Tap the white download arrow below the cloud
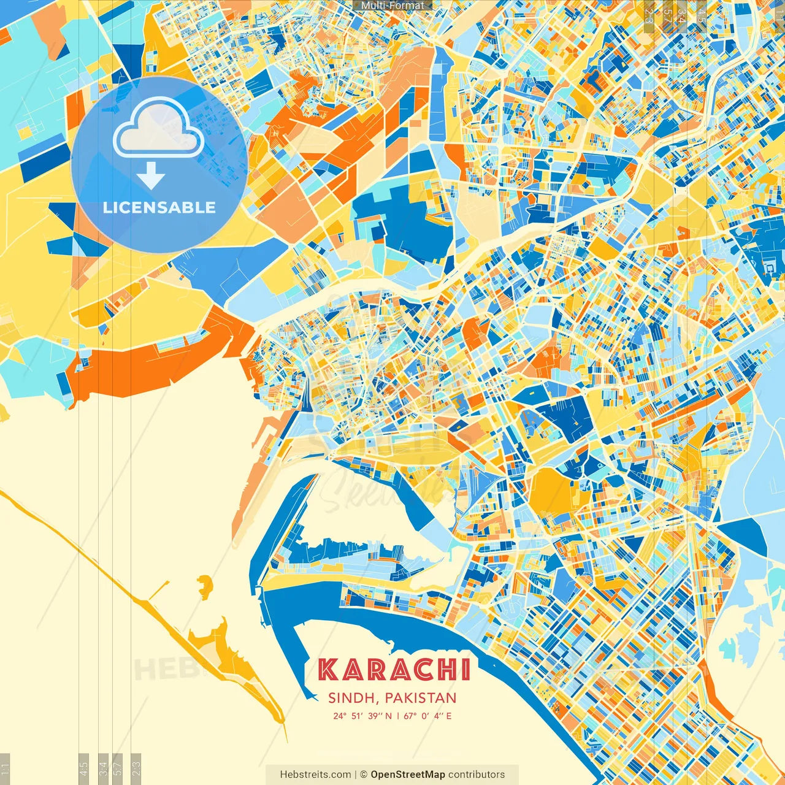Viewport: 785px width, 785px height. (x=151, y=176)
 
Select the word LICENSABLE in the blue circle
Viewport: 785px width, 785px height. (x=159, y=207)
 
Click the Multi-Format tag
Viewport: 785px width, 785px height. (x=392, y=5)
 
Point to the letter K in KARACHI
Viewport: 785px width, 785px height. (x=328, y=670)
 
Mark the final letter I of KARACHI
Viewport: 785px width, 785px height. (x=467, y=670)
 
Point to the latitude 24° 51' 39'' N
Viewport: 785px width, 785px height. (x=362, y=716)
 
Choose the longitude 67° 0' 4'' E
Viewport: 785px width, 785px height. (x=427, y=716)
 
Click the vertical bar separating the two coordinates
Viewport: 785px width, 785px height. (x=397, y=716)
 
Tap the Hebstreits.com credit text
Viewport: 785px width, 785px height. (x=316, y=775)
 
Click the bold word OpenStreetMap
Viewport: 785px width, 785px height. (x=408, y=775)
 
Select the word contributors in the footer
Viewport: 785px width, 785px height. (x=477, y=775)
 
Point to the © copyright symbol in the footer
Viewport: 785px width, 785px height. (x=363, y=775)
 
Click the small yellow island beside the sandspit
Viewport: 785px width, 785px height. (x=204, y=587)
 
